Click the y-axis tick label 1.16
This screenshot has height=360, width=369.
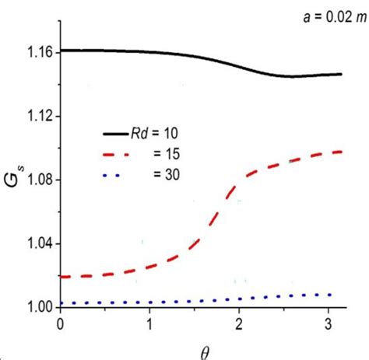tap(37, 52)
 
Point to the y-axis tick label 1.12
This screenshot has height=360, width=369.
tap(37, 116)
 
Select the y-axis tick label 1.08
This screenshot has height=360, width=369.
tap(37, 180)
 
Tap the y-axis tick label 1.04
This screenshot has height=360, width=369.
tap(37, 243)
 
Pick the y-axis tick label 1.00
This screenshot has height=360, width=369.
tap(37, 307)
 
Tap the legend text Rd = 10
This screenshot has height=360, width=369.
tap(155, 133)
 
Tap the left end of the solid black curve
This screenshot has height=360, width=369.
tap(61, 51)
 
